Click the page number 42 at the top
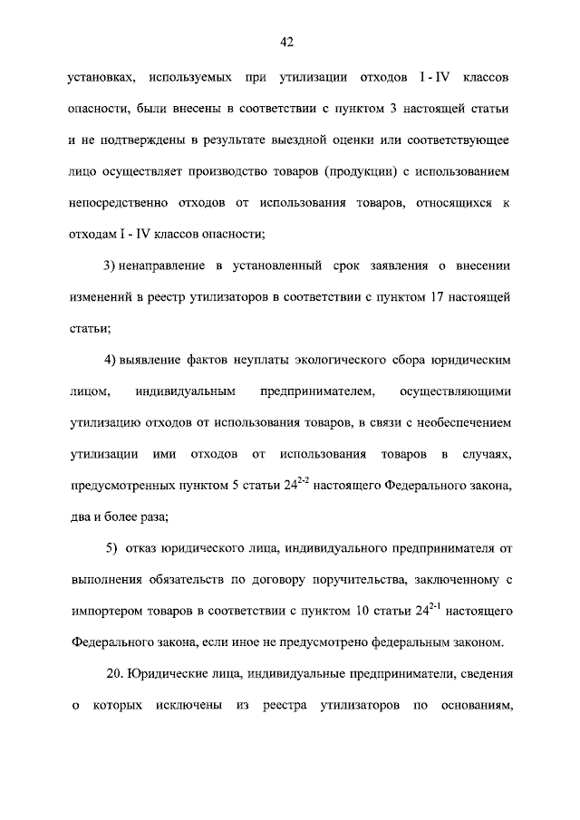pyautogui.click(x=289, y=42)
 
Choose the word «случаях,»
pyautogui.click(x=487, y=452)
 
